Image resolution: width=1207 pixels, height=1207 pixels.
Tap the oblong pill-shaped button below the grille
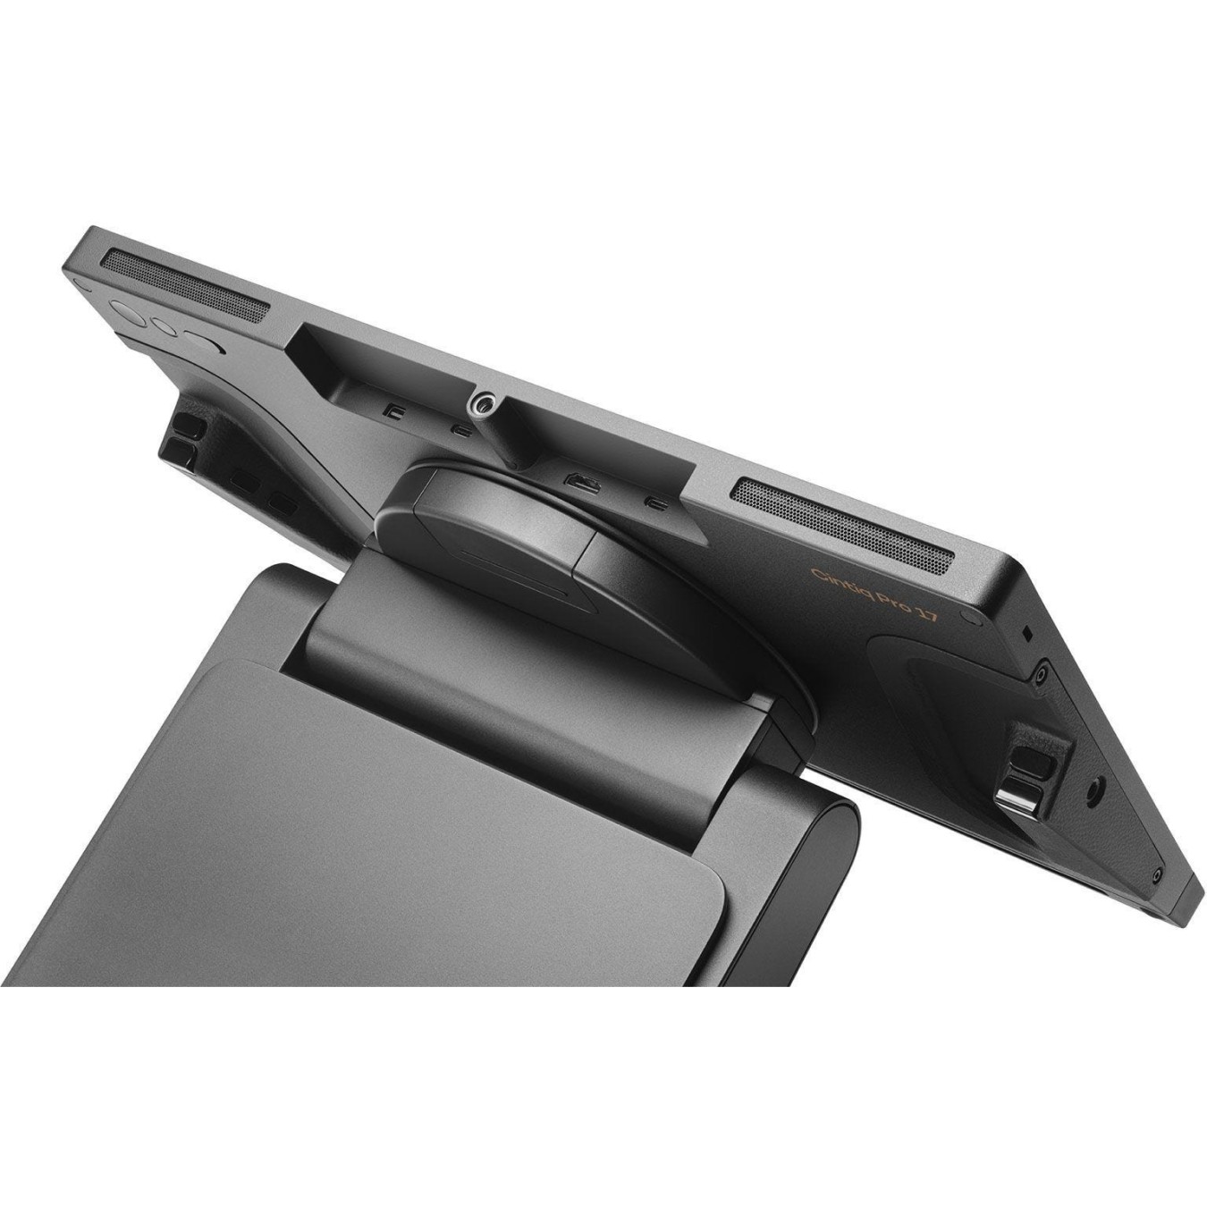pyautogui.click(x=204, y=342)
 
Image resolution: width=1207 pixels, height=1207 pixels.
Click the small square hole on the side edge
pyautogui.click(x=1027, y=631)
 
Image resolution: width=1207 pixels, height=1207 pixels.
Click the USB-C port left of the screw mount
pyautogui.click(x=460, y=431)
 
